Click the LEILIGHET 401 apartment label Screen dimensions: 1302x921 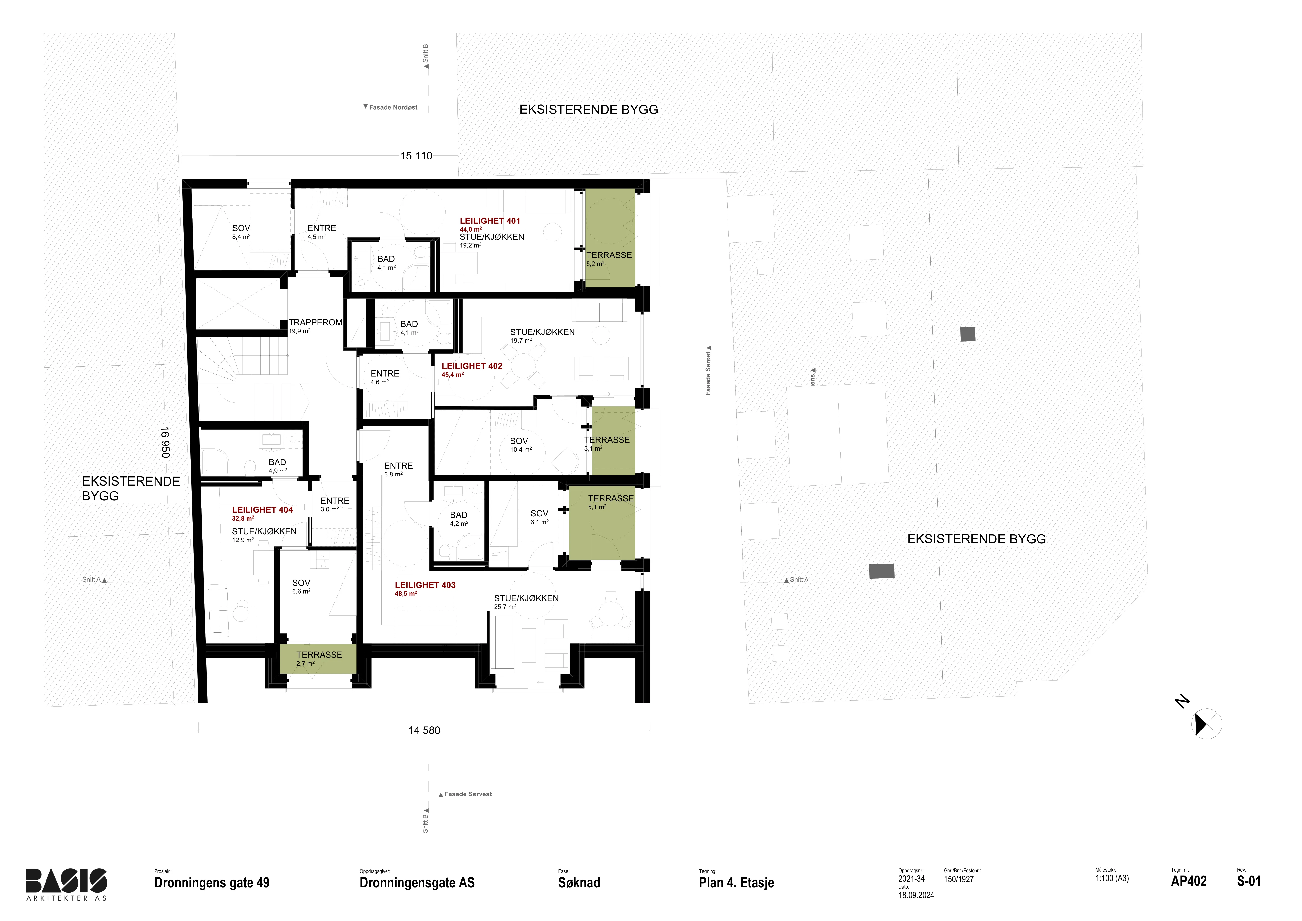pos(490,221)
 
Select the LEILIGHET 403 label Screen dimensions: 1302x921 pos(425,585)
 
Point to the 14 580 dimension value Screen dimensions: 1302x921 pos(424,730)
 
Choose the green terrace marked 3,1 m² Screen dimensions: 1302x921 pos(614,441)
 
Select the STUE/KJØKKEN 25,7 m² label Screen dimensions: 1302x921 pos(526,602)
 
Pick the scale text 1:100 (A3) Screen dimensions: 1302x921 pos(1112,878)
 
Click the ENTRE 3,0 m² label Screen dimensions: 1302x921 pos(335,505)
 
